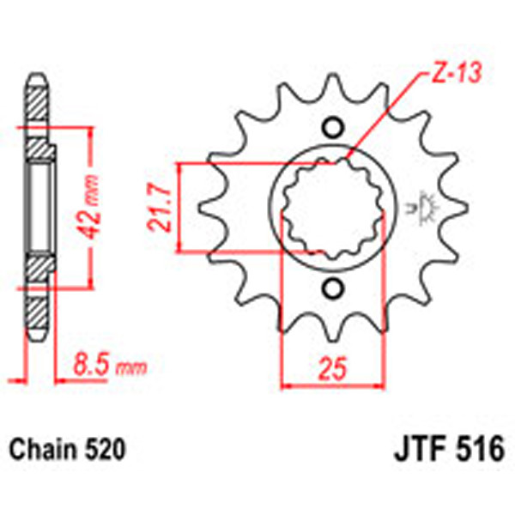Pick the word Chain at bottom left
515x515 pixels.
tap(39, 448)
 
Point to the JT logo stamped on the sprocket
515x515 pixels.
tap(423, 207)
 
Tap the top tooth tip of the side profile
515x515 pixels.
tap(36, 79)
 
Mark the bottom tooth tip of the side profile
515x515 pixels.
tap(36, 335)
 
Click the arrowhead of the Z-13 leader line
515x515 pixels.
tap(351, 160)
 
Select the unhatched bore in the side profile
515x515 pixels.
tap(39, 206)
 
